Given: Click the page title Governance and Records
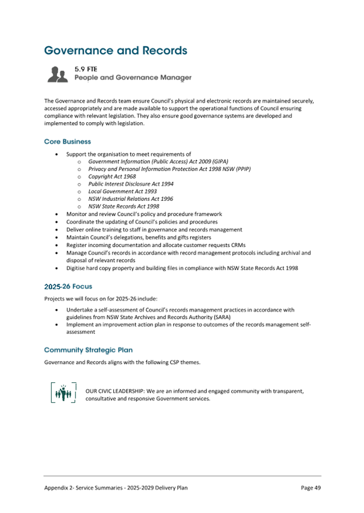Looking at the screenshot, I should [115, 51].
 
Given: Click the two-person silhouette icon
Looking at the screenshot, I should [57, 74].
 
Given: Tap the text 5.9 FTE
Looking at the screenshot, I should [85, 69].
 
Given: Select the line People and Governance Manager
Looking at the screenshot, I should [133, 78].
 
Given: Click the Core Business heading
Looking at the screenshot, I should [67, 142].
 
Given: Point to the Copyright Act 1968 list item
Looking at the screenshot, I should [112, 176].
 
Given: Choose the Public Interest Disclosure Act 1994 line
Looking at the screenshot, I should [131, 184].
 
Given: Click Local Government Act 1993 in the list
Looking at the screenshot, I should [122, 191].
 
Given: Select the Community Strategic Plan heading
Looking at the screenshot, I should [88, 350].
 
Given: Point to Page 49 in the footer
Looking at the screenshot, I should [311, 488].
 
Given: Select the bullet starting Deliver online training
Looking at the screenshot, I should [154, 229].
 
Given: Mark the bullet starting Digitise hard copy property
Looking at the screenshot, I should [182, 268].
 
